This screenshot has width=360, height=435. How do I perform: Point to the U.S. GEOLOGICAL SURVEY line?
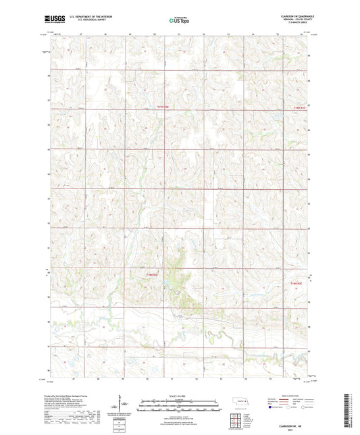[83, 22]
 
